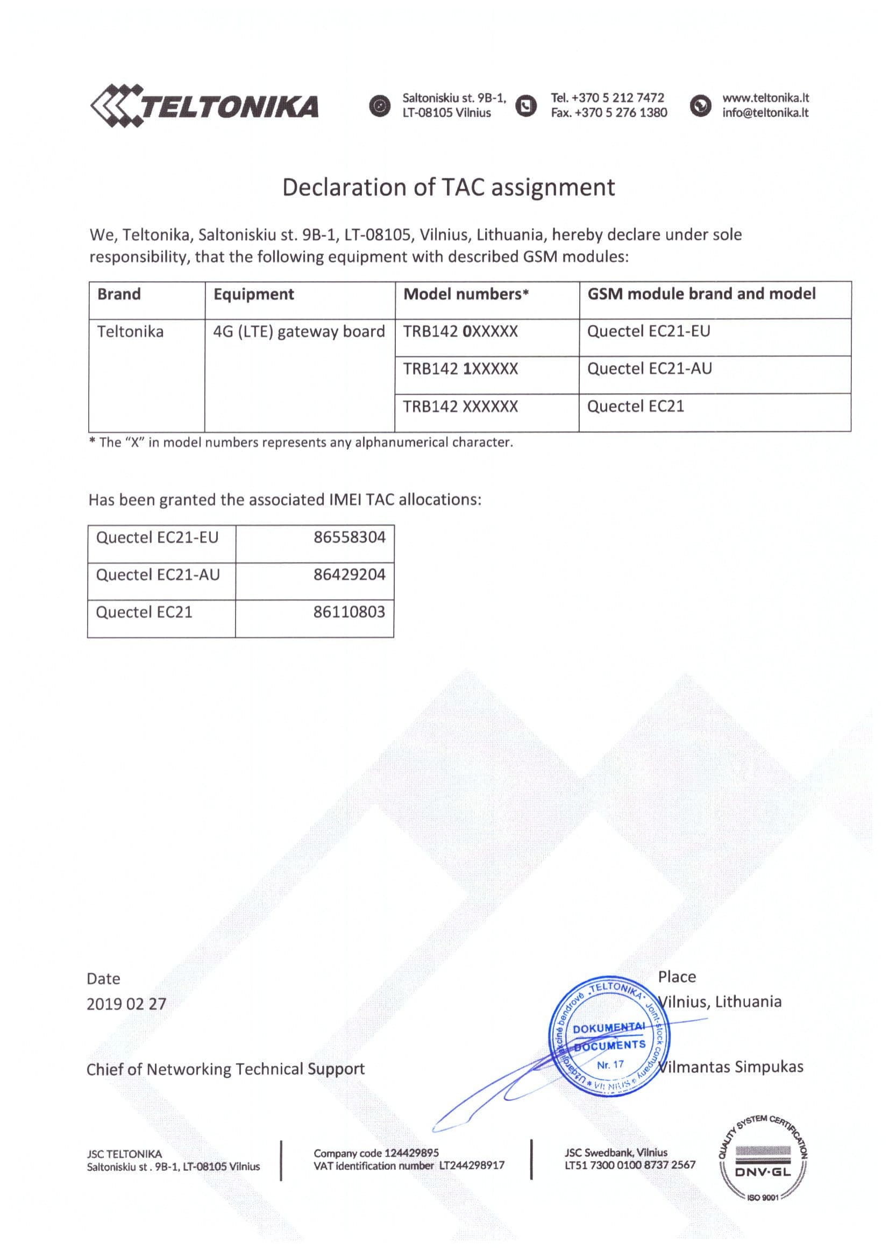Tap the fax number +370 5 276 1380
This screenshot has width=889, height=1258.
click(x=620, y=113)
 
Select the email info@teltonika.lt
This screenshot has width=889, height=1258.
click(x=765, y=113)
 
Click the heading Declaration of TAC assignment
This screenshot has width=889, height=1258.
click(x=448, y=187)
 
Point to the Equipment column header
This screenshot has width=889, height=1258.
click(x=254, y=295)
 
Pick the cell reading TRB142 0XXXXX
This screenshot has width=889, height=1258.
click(x=460, y=332)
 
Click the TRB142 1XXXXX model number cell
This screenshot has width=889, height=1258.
click(x=460, y=369)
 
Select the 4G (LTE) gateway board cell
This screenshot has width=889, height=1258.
click(x=298, y=332)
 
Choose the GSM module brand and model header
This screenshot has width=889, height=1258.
click(x=701, y=294)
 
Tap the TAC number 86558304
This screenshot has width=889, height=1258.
click(x=350, y=537)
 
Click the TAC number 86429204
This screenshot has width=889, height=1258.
click(x=350, y=575)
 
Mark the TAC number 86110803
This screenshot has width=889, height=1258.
click(x=350, y=612)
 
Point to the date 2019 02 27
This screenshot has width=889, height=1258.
click(x=126, y=1004)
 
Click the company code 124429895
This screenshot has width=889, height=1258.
click(x=411, y=1153)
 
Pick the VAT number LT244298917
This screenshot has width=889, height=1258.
click(x=472, y=1166)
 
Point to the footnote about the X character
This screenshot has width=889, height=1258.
click(x=301, y=443)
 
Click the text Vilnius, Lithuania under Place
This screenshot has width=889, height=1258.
click(x=721, y=1002)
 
